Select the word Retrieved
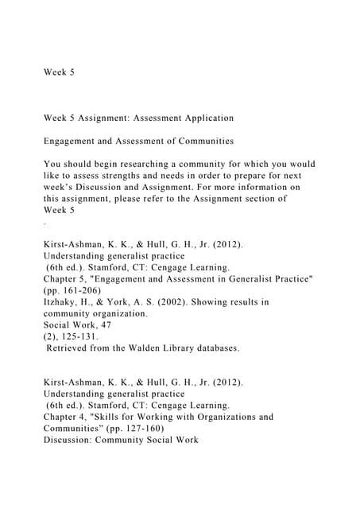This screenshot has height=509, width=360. (x=72, y=348)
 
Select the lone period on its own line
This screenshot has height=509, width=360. (x=45, y=221)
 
